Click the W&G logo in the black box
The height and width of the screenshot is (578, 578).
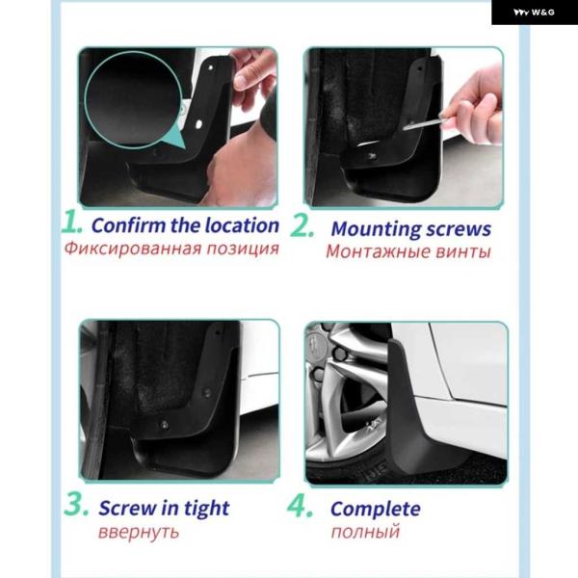(x=534, y=13)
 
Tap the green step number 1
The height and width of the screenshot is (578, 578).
(x=72, y=222)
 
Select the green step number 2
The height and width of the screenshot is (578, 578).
(x=302, y=224)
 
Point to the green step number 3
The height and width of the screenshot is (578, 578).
(x=76, y=504)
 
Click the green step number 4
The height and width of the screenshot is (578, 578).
(x=301, y=506)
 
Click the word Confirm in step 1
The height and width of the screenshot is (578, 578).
(x=129, y=225)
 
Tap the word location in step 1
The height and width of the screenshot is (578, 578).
(x=242, y=225)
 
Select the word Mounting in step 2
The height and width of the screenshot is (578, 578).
(x=376, y=229)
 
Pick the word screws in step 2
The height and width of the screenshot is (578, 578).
(x=459, y=229)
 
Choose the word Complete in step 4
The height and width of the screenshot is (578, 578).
(x=376, y=510)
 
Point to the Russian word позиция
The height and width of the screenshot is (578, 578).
(x=242, y=249)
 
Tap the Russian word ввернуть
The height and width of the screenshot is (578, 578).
(x=139, y=533)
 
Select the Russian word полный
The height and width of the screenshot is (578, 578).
(x=365, y=532)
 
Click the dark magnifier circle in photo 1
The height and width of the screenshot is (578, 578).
(x=133, y=99)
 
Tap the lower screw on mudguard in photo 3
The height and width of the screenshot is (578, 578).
(x=165, y=425)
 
